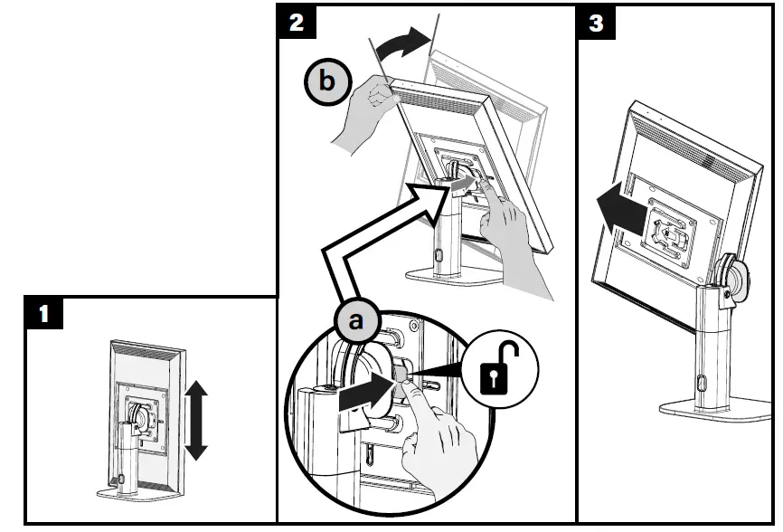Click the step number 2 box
click(297, 23)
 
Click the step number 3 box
click(596, 23)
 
